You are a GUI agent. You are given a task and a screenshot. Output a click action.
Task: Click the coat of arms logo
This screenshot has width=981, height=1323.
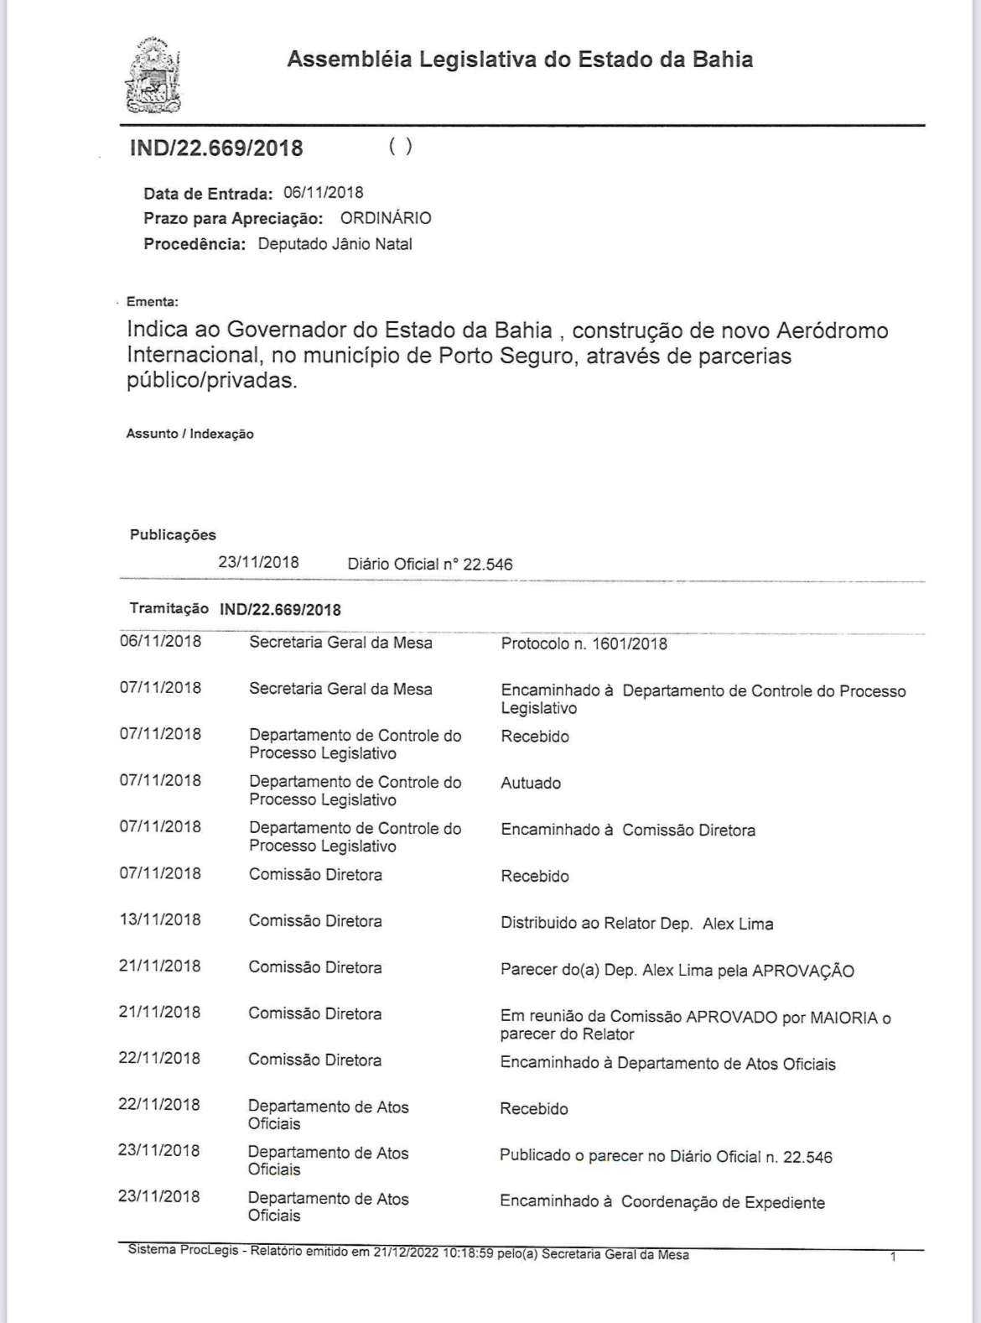click(x=153, y=76)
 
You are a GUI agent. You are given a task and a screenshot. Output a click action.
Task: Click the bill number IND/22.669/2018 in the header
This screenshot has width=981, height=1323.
click(x=216, y=148)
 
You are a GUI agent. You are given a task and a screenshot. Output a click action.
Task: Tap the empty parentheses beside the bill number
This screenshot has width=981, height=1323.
click(x=401, y=146)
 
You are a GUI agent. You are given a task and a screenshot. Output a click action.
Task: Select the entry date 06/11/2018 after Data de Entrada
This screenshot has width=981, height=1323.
click(x=323, y=193)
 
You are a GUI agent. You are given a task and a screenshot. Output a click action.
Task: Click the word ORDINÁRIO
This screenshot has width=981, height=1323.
click(x=386, y=218)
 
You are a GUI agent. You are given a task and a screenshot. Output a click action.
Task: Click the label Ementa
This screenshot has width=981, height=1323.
click(x=152, y=301)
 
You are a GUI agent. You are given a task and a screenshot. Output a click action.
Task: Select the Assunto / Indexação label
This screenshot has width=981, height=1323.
click(x=189, y=434)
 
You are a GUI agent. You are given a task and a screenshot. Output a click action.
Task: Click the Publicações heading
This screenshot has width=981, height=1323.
click(x=173, y=534)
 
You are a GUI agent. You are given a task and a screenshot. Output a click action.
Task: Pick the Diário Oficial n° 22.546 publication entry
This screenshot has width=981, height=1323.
click(x=430, y=564)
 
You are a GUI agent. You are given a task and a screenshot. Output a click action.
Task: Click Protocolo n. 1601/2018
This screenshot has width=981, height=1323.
click(x=584, y=643)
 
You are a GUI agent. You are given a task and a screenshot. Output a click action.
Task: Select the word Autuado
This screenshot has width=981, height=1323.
click(x=531, y=783)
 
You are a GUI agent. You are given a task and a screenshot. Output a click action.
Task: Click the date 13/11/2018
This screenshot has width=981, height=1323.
click(x=159, y=919)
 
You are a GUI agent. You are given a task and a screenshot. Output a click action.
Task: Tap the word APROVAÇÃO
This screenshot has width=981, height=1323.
click(x=802, y=971)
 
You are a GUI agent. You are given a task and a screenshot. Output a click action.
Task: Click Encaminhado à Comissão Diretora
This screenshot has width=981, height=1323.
click(x=627, y=830)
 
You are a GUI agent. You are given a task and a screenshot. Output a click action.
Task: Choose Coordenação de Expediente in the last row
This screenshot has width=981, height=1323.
click(x=723, y=1202)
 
